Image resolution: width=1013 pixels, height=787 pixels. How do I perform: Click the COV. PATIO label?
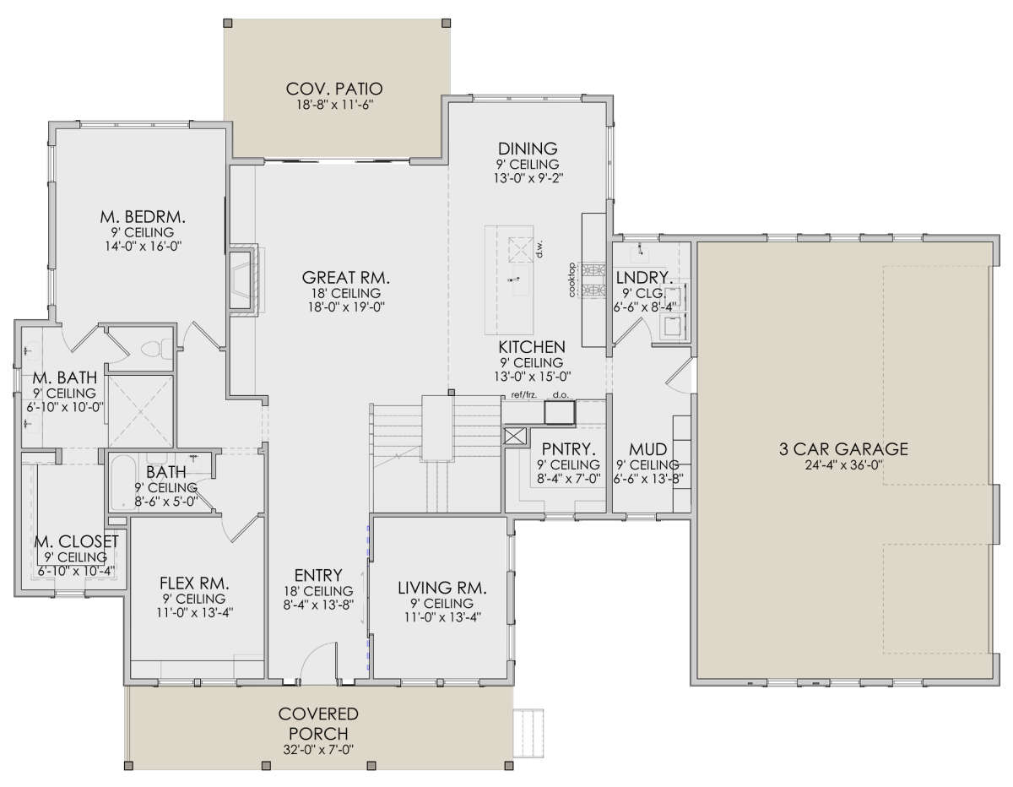(x=333, y=89)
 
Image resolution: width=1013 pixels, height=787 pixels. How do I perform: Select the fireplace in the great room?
(x=243, y=280)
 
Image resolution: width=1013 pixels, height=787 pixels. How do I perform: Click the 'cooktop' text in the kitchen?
(x=572, y=280)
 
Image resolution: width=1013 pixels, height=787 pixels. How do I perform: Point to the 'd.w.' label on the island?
(x=539, y=249)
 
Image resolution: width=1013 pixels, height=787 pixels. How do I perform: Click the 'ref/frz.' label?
(x=524, y=395)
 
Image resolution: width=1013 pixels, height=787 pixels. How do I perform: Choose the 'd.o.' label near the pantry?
(x=561, y=395)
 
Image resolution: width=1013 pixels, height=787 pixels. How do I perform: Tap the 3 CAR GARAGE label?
(x=843, y=448)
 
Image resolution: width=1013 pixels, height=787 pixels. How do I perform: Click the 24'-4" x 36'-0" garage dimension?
(x=843, y=465)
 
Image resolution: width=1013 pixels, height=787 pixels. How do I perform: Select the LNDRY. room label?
(x=644, y=278)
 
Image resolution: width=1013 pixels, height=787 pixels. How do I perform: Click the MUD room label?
(x=648, y=449)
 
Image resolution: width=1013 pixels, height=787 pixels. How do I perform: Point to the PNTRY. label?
(x=568, y=449)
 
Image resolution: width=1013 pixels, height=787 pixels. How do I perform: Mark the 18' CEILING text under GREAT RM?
(x=346, y=293)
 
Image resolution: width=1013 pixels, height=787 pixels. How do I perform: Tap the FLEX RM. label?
(x=194, y=583)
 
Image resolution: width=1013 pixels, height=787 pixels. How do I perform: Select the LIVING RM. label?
(x=442, y=588)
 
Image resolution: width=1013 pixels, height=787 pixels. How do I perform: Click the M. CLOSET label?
(x=77, y=541)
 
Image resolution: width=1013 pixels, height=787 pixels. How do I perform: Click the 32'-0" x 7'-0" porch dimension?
(x=318, y=750)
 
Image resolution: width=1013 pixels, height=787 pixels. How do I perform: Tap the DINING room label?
(x=528, y=149)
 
